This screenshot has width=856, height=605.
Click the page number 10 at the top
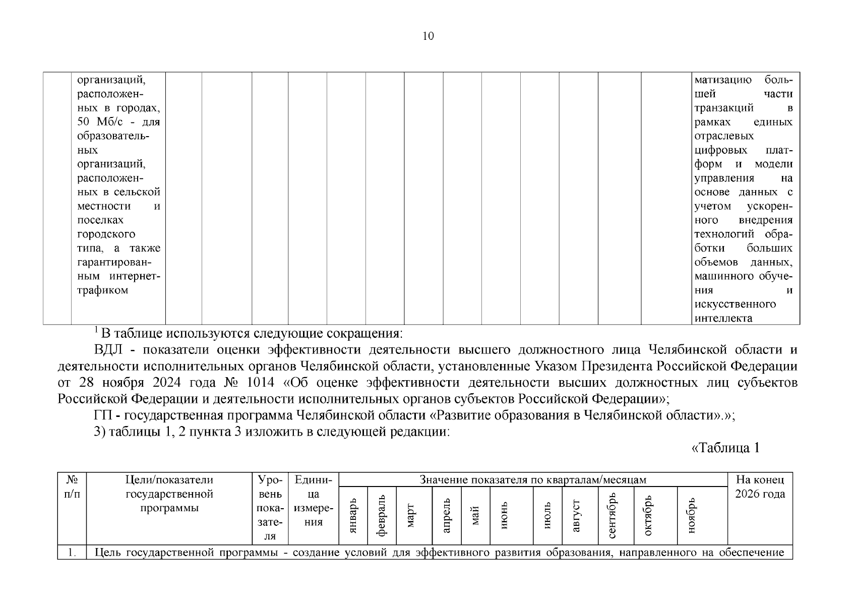[427, 36]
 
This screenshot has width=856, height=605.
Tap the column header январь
[353, 515]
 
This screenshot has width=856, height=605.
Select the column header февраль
[382, 515]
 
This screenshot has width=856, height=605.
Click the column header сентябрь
[613, 515]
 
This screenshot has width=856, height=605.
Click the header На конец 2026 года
[760, 487]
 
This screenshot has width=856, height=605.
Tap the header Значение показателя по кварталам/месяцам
[533, 479]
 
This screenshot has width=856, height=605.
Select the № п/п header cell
[72, 487]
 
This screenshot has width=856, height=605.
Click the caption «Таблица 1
[724, 448]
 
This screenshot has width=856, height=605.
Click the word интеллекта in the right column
[723, 318]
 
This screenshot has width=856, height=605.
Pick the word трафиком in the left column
[103, 290]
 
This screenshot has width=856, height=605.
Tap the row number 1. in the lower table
[72, 553]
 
